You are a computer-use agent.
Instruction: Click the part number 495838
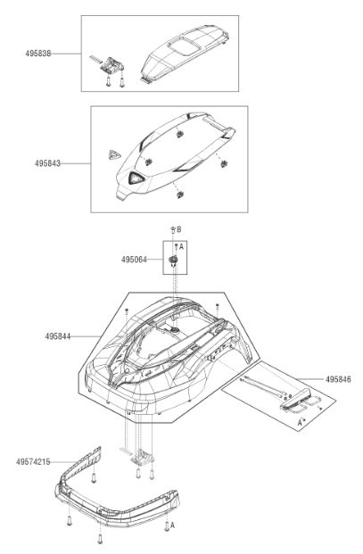pyautogui.click(x=38, y=54)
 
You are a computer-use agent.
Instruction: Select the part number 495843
pyautogui.click(x=47, y=163)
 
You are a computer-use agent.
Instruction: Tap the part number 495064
pyautogui.click(x=134, y=260)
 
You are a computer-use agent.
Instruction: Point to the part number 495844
pyautogui.click(x=58, y=336)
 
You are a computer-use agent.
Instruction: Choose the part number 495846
pyautogui.click(x=338, y=379)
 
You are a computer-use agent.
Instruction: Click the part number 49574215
pyautogui.click(x=33, y=462)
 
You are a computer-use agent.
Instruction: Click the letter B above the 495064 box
pyautogui.click(x=179, y=229)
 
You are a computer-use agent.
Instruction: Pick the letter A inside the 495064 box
pyautogui.click(x=182, y=246)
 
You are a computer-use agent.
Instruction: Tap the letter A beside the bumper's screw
pyautogui.click(x=172, y=525)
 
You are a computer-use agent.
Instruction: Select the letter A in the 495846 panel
pyautogui.click(x=300, y=422)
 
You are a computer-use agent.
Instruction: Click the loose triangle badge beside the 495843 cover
pyautogui.click(x=114, y=154)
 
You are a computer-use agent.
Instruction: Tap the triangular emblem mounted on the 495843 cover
pyautogui.click(x=136, y=178)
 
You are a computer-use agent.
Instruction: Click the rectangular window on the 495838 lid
pyautogui.click(x=184, y=46)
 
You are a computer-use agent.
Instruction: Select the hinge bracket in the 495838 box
pyautogui.click(x=112, y=65)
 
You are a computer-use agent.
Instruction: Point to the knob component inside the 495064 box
pyautogui.click(x=173, y=261)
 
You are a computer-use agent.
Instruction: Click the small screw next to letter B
pyautogui.click(x=173, y=229)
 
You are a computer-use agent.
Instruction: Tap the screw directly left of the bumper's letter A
pyautogui.click(x=167, y=526)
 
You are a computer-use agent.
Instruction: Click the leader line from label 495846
pyautogui.click(x=310, y=379)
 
